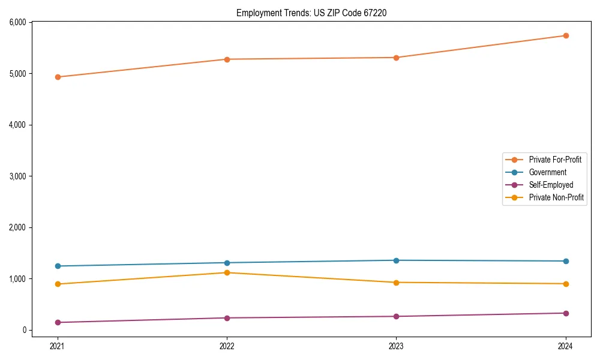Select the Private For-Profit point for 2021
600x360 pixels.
58,77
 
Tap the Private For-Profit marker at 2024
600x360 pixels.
566,35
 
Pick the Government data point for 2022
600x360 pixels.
227,263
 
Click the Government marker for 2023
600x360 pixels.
396,260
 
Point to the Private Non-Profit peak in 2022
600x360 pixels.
227,272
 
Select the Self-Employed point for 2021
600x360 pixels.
58,322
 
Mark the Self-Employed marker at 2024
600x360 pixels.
566,313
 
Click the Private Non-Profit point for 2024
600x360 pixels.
566,284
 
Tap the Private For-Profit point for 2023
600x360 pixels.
396,58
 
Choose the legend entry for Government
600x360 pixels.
547,172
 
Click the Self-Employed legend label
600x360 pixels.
551,185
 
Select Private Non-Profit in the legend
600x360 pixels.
556,197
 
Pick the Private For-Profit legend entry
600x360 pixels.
555,160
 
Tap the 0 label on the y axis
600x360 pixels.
25,330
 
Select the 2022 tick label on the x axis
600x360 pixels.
227,346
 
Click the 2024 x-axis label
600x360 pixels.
566,346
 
